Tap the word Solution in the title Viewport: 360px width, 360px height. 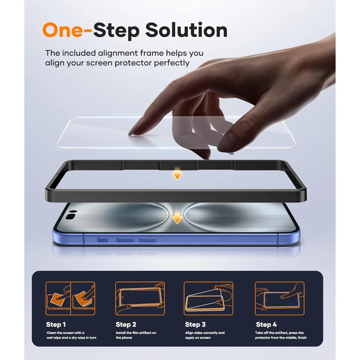[186, 30]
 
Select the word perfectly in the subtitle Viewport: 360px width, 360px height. [171, 63]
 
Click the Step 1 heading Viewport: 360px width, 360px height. [56, 324]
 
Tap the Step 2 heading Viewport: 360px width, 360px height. [126, 324]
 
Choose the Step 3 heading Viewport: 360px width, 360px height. [195, 324]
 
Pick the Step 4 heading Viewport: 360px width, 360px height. [266, 324]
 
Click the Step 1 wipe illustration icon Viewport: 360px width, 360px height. [71, 298]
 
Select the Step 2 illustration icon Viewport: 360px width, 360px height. [140, 298]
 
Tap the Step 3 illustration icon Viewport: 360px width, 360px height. [208, 298]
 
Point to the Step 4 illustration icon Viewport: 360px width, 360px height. [279, 298]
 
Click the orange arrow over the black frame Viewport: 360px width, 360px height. [177, 173]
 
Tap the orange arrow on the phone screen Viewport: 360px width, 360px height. [177, 217]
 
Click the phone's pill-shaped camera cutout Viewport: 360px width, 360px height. [71, 216]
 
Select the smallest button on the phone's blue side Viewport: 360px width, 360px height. [103, 240]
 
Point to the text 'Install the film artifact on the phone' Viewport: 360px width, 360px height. [136, 335]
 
